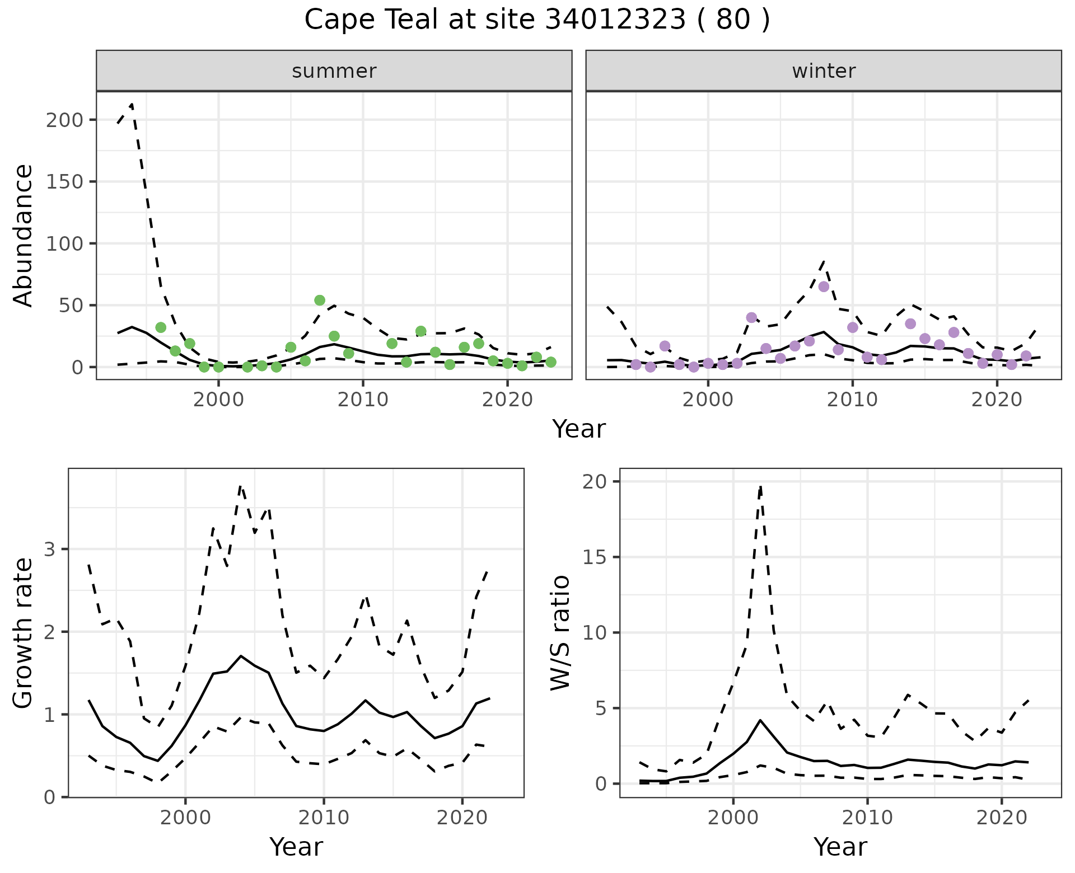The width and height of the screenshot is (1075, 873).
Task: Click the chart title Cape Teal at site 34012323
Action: click(537, 20)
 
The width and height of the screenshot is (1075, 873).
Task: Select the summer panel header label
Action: click(334, 71)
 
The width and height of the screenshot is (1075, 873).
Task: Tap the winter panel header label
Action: click(824, 71)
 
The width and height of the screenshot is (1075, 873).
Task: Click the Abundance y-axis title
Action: click(24, 235)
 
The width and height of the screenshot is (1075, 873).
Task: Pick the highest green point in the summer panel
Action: click(320, 301)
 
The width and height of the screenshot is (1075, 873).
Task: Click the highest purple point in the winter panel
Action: click(824, 287)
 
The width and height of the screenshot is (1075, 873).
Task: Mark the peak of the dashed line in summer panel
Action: click(132, 104)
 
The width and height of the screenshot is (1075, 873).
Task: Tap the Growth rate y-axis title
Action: click(24, 632)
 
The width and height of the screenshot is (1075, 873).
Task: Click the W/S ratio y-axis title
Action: click(560, 632)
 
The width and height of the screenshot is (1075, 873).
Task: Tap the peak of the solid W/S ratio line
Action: click(760, 720)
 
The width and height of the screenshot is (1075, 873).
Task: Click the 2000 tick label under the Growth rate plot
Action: click(185, 818)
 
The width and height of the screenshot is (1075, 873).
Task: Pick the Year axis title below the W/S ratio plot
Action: click(840, 847)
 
